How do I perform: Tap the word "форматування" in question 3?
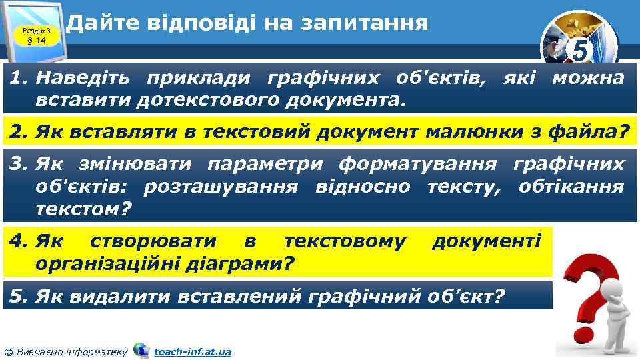coord(417,165)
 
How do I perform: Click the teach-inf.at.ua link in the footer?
coord(192,351)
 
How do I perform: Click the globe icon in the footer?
coord(141,350)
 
